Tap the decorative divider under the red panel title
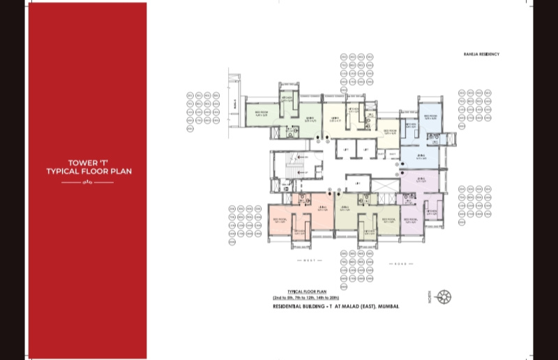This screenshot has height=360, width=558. pyautogui.click(x=87, y=183)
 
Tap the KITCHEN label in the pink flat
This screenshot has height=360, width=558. pyautogui.click(x=300, y=232)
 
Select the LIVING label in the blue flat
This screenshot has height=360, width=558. pyautogui.click(x=421, y=156)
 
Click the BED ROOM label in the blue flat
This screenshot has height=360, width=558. pyautogui.click(x=428, y=117)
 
